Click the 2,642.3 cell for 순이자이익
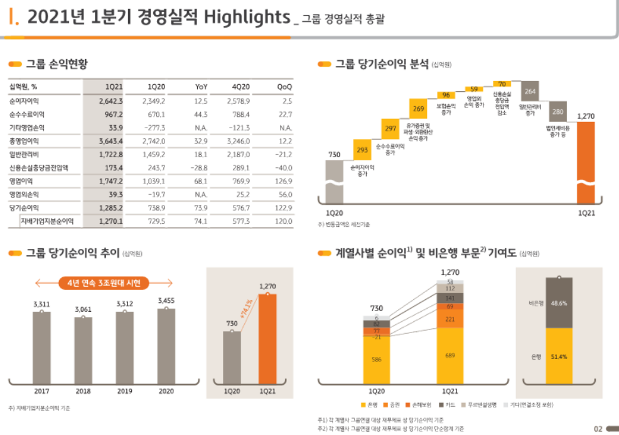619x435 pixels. [110, 101]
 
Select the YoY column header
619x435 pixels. [201, 87]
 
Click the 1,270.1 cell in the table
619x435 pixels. [110, 221]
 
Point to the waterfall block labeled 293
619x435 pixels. [362, 150]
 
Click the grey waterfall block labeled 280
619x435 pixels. [557, 111]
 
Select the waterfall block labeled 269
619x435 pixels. [419, 109]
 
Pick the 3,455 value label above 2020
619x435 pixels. [166, 300]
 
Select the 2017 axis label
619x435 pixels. [41, 391]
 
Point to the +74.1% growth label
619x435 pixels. [245, 311]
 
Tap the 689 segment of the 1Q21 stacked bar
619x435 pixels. [449, 355]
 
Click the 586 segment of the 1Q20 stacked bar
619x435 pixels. [377, 360]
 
